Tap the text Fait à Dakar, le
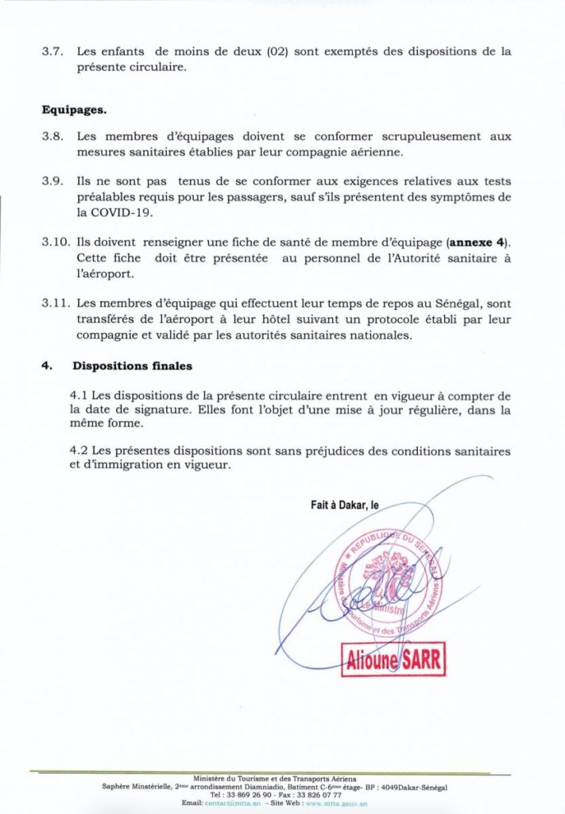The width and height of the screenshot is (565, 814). tap(345, 503)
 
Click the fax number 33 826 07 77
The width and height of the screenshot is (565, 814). tap(318, 794)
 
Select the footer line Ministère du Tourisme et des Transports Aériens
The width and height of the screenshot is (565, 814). tap(275, 777)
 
